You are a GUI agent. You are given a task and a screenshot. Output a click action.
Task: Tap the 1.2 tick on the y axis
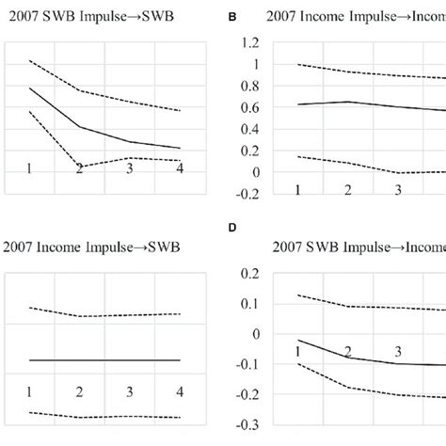(249, 42)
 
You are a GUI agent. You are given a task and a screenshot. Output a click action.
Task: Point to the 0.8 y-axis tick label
(249, 86)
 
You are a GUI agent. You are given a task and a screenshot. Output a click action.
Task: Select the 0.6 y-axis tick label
(249, 107)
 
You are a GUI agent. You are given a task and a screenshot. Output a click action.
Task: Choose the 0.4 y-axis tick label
(249, 129)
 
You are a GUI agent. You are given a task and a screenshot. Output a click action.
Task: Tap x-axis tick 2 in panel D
(347, 352)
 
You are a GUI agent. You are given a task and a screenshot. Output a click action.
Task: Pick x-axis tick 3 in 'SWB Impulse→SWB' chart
(129, 167)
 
